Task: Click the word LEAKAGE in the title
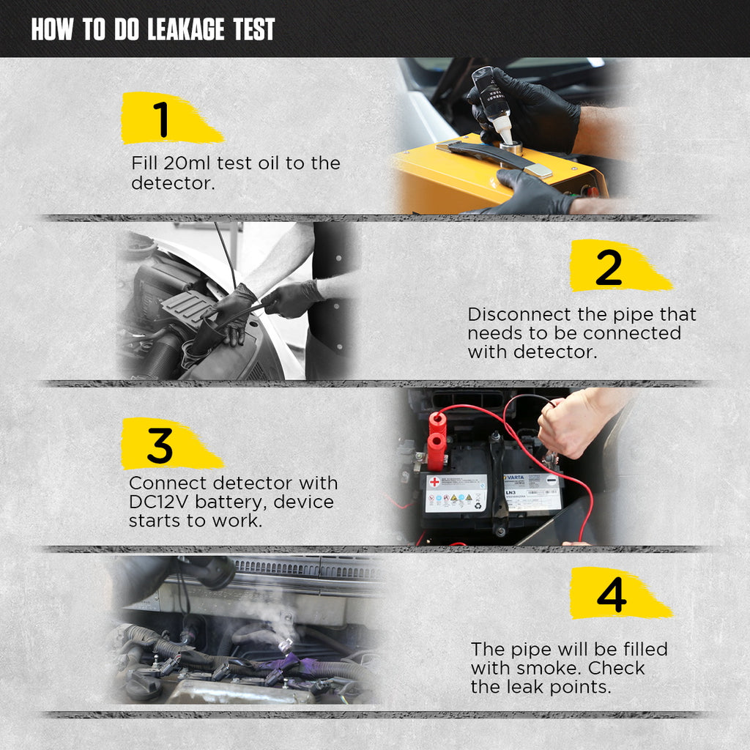click(x=185, y=29)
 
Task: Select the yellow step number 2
click(x=620, y=266)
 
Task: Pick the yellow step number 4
click(x=620, y=593)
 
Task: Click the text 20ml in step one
click(x=187, y=163)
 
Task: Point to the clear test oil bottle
click(x=493, y=101)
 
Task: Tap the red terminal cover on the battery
click(x=437, y=441)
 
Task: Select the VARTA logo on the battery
click(x=515, y=478)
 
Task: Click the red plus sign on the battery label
click(x=434, y=482)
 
